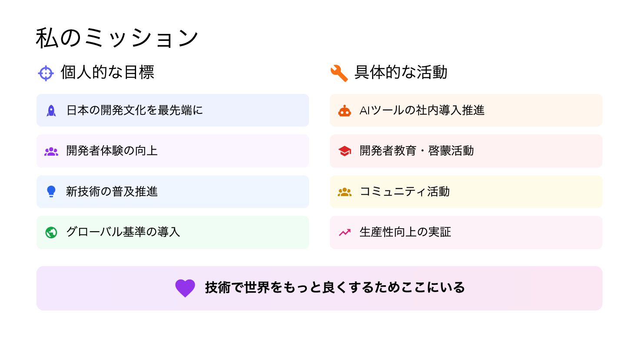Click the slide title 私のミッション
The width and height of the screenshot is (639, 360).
(117, 38)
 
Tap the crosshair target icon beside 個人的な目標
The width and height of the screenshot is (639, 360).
(46, 73)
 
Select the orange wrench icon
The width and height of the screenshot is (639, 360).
(339, 73)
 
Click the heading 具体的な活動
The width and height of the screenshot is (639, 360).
(401, 72)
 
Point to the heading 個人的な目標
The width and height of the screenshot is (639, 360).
(107, 72)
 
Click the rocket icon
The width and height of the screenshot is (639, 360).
(51, 110)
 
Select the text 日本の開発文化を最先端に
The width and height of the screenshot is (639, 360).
(134, 110)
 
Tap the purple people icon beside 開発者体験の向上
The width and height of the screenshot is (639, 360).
(51, 151)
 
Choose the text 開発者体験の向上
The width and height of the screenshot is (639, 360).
(112, 151)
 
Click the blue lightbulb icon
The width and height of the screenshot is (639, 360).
(51, 191)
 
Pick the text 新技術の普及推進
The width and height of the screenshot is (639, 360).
(112, 191)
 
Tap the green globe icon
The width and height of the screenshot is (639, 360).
(51, 233)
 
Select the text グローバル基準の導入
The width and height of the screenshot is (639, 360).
(123, 232)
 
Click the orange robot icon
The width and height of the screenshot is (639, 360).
(345, 111)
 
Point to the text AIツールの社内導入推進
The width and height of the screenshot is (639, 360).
(422, 110)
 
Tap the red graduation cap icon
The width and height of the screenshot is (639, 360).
(345, 151)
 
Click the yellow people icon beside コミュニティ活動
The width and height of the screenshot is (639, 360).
(345, 192)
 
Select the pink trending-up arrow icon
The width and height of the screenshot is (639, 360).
(345, 233)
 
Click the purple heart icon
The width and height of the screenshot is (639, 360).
(185, 288)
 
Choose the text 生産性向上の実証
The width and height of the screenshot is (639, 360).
(405, 232)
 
